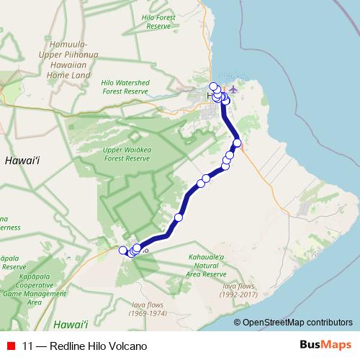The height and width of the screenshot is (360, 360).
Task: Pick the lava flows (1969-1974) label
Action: (148, 309)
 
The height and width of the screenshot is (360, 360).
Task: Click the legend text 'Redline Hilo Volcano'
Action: (97, 346)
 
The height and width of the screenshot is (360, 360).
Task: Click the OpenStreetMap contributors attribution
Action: (297, 322)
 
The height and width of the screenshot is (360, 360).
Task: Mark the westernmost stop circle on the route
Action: (122, 251)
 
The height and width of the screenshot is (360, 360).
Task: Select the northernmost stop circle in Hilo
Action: (213, 86)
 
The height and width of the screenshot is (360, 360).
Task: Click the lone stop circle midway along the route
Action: (179, 217)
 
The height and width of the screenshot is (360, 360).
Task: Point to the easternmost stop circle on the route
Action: (238, 143)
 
